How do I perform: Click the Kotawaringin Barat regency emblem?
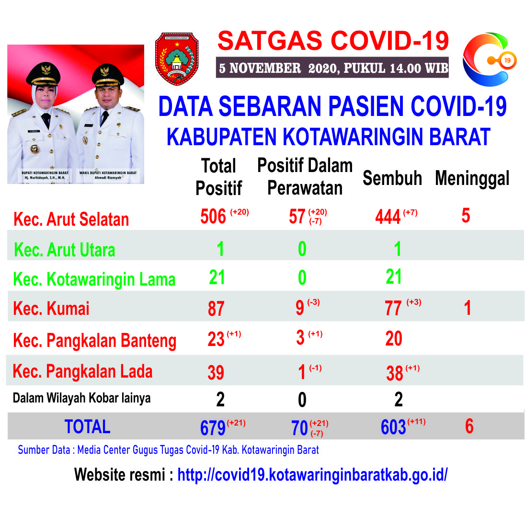click(x=177, y=59)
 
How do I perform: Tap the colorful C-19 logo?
click(x=489, y=59)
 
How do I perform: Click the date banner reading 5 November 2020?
click(x=332, y=68)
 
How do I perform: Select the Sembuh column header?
click(x=392, y=178)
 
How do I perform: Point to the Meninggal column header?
click(x=472, y=178)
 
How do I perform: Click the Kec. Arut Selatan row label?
click(x=71, y=219)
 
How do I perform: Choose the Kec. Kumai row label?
click(x=51, y=309)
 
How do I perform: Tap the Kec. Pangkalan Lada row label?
click(x=83, y=371)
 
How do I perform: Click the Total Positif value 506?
click(x=213, y=216)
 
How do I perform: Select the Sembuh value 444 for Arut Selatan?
click(x=388, y=217)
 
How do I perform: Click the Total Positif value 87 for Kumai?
click(x=216, y=309)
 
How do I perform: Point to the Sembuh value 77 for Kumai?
click(x=393, y=309)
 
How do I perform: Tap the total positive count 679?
click(x=213, y=428)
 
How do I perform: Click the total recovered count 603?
click(x=393, y=427)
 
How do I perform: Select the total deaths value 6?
click(x=469, y=426)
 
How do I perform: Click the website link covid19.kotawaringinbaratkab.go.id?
click(x=312, y=475)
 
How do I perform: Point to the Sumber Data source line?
click(x=168, y=449)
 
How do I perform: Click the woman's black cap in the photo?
click(x=43, y=74)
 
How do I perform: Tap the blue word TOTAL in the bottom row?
click(x=87, y=426)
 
